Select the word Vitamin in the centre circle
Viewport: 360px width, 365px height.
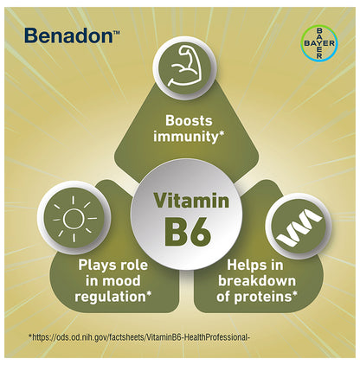tap(191, 201)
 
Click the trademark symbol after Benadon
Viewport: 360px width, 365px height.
tap(117, 31)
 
